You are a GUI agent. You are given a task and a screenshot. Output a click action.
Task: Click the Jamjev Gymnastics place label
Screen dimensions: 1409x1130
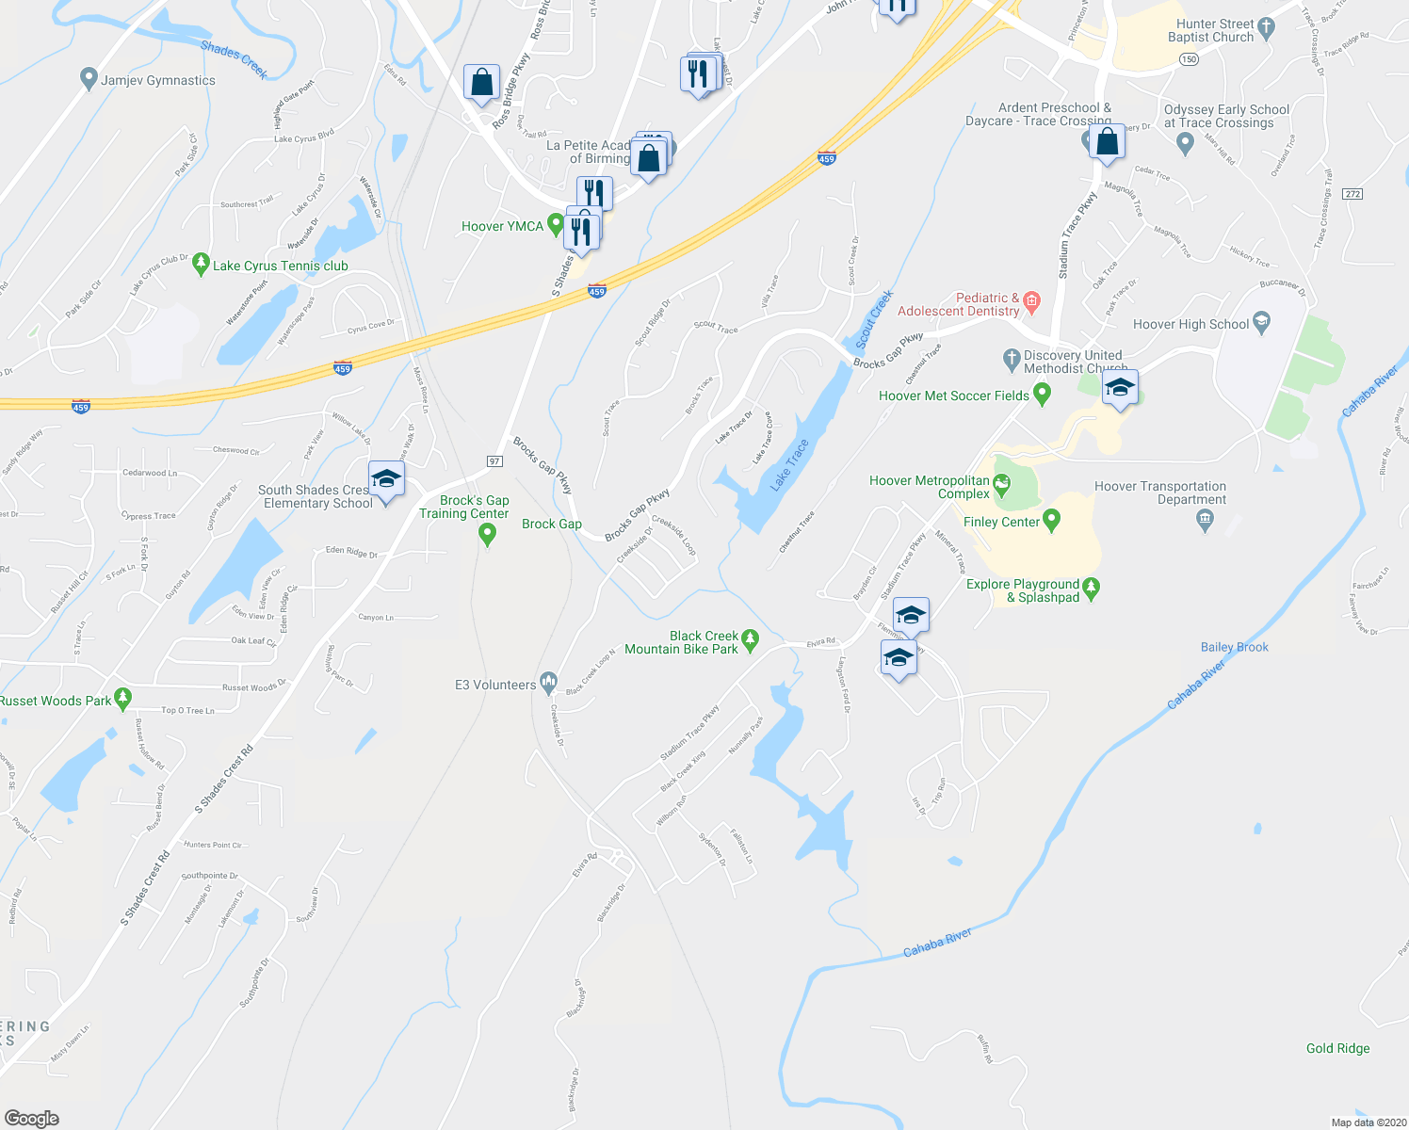(x=158, y=81)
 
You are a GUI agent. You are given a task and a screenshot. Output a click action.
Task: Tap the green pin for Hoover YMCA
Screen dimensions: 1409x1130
(x=556, y=225)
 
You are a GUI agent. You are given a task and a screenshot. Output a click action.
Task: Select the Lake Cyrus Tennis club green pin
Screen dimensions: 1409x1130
(x=200, y=265)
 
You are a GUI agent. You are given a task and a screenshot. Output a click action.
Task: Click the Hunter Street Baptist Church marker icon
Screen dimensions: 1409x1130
(x=1266, y=29)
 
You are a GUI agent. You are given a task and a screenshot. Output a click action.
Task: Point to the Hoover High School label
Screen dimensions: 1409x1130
(x=1190, y=325)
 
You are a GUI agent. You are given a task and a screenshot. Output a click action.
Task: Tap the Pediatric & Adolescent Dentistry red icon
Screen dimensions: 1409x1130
(x=1031, y=302)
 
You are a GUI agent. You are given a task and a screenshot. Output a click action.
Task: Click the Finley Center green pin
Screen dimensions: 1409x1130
(x=1052, y=520)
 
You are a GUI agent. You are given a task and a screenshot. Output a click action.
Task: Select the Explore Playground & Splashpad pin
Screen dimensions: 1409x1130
(x=1091, y=589)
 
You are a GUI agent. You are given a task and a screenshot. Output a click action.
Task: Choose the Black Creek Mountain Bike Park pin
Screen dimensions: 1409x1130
(x=750, y=640)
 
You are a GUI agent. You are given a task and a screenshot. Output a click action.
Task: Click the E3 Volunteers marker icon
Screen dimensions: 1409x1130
(x=548, y=684)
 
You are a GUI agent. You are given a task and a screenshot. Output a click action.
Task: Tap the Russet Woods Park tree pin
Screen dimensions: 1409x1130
(x=122, y=699)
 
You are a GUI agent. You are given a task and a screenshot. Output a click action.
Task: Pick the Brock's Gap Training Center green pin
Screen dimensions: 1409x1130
(x=487, y=534)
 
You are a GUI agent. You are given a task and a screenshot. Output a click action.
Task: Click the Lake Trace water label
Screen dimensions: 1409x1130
(x=789, y=465)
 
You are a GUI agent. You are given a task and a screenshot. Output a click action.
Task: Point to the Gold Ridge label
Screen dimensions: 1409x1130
(x=1337, y=1049)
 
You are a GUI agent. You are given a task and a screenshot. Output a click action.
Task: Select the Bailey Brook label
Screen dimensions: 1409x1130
(x=1234, y=648)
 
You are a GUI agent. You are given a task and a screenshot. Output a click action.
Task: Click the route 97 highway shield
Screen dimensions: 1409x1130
(x=494, y=460)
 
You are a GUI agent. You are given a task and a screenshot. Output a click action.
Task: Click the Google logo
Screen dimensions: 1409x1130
(x=32, y=1118)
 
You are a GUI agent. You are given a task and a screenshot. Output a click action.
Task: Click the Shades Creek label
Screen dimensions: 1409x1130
(x=235, y=59)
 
